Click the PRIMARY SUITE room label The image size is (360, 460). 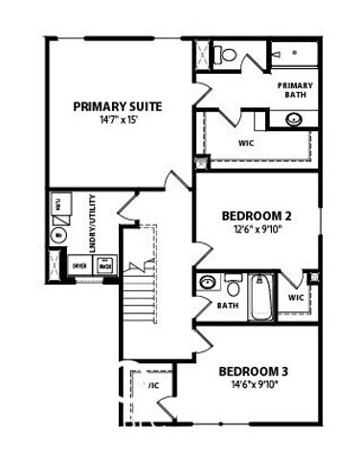[117, 106]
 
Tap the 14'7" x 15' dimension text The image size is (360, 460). [117, 122]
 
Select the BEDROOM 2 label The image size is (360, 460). [256, 216]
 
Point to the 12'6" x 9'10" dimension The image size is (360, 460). [256, 230]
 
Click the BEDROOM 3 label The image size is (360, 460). [254, 371]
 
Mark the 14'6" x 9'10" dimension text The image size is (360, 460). [254, 385]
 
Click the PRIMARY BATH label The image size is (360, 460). [294, 90]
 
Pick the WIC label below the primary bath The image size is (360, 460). [246, 144]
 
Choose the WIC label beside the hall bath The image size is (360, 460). [295, 298]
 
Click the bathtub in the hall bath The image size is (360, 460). [259, 298]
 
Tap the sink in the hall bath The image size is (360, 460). [208, 283]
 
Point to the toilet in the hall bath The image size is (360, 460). [233, 285]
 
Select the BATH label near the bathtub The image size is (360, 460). [227, 306]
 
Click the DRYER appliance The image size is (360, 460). [80, 265]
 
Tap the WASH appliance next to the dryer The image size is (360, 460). [104, 265]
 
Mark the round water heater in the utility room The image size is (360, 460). [58, 234]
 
